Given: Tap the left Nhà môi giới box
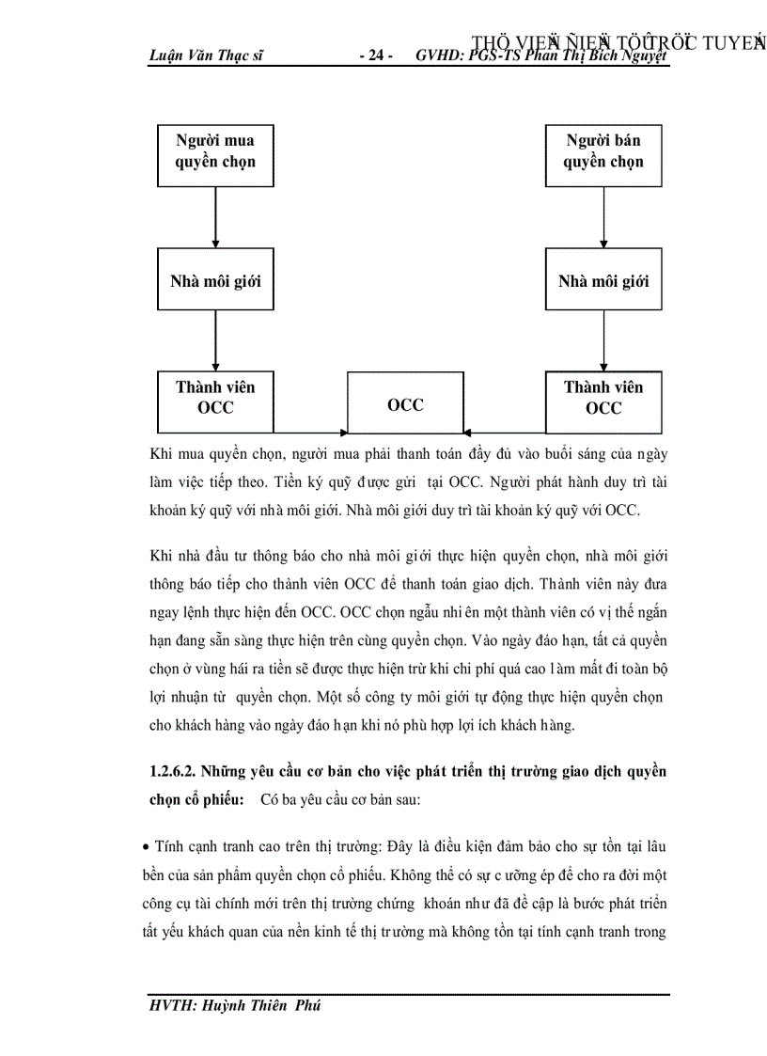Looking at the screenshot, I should point(215,280).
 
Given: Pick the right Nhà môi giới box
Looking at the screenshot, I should point(603,280).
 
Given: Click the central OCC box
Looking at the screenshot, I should point(405,404).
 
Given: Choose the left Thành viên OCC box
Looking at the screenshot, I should point(215,398).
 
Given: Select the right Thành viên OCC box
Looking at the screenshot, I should point(603,398).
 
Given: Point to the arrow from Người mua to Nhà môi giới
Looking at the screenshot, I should point(215,215).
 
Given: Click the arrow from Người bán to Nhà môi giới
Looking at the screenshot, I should point(603,215).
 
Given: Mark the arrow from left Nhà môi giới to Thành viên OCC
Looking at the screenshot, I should point(215,339).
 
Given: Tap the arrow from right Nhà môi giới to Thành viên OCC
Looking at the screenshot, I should point(603,339).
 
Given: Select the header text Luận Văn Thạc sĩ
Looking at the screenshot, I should point(206,55).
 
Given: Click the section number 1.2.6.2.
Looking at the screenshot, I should point(180,772).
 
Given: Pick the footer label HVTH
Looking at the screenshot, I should point(171,1005).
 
